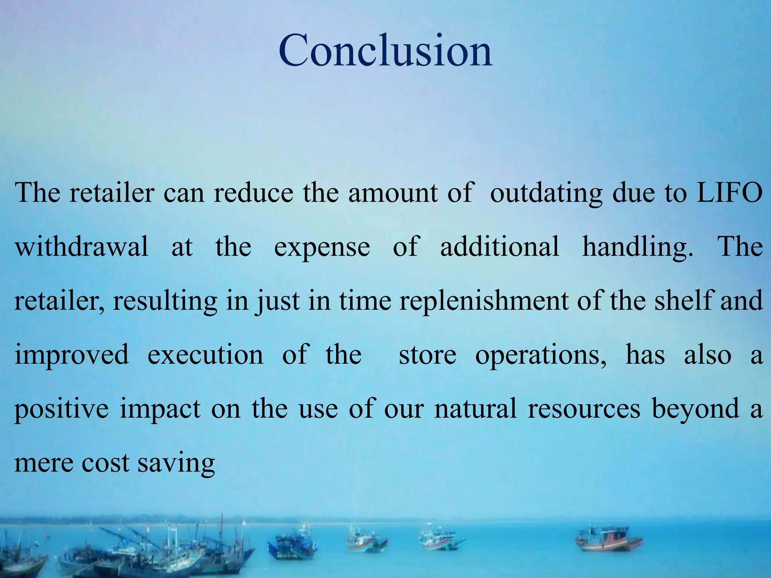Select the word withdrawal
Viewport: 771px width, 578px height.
tap(82, 247)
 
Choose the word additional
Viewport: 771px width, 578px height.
tap(500, 247)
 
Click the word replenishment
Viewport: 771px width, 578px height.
tap(484, 301)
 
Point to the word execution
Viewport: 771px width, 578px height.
tap(205, 355)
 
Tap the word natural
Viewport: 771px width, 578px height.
tap(475, 409)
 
